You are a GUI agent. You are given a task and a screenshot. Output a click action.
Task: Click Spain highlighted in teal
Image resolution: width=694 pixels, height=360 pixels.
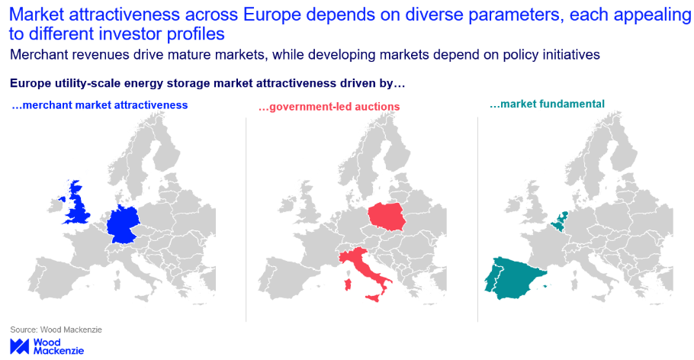(513, 275)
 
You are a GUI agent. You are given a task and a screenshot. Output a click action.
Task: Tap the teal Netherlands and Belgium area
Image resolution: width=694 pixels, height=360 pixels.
(559, 220)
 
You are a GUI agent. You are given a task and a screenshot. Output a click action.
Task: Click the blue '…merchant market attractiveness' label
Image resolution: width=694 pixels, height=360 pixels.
(100, 104)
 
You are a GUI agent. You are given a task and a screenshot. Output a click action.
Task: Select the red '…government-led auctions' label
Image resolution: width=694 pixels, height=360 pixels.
(329, 106)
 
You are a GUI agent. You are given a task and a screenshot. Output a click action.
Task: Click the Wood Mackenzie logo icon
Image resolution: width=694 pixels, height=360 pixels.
(19, 346)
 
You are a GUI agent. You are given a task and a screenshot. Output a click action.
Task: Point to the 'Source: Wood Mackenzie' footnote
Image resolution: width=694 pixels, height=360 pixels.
(56, 329)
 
